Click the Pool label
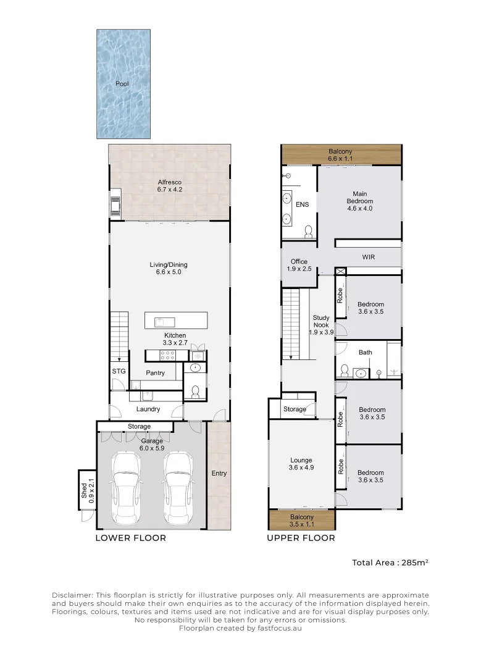[x=122, y=84]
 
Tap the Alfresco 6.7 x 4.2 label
[x=169, y=185]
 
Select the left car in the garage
[x=125, y=489]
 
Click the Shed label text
[x=84, y=490]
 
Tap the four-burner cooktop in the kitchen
[x=167, y=355]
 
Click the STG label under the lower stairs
[x=119, y=371]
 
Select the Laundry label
[x=148, y=409]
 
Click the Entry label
[x=219, y=473]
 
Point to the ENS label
[x=302, y=204]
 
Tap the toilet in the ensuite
[x=308, y=232]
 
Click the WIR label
[x=368, y=257]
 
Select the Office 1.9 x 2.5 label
[x=299, y=265]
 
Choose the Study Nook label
[x=320, y=321]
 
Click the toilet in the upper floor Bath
[x=344, y=371]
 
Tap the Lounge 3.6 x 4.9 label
[x=301, y=464]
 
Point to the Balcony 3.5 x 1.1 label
[x=301, y=521]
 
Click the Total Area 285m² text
[x=390, y=563]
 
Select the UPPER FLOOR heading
[x=301, y=538]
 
